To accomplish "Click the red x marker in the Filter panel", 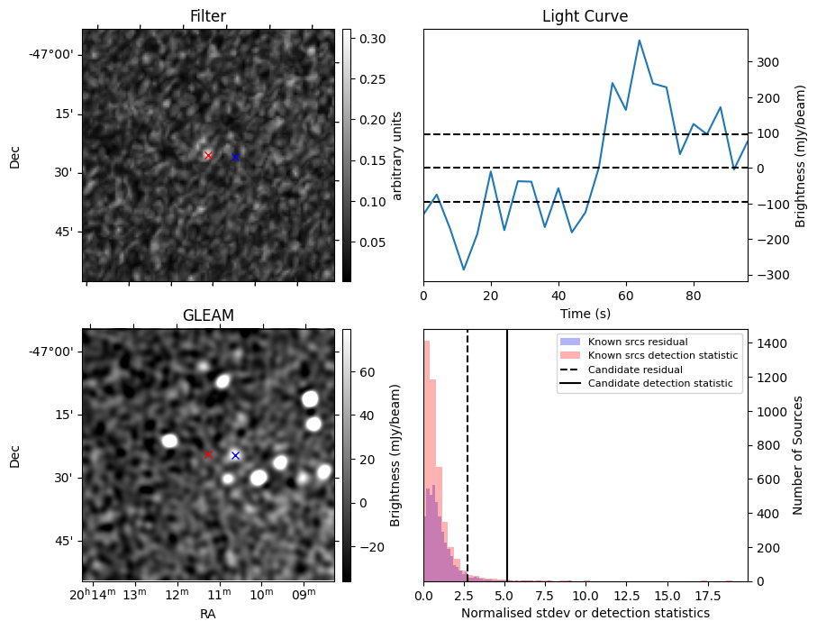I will tap(208, 156).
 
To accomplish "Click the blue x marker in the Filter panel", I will tap(235, 157).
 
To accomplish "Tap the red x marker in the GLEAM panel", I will tap(208, 454).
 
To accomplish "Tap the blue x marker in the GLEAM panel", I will tap(235, 455).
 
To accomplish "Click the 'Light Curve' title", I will tap(585, 16).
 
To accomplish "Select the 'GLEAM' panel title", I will tap(208, 315).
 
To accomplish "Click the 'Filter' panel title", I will tap(208, 16).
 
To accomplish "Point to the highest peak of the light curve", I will tap(639, 41).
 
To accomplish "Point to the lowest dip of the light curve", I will tap(464, 269).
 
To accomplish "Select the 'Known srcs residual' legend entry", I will tap(638, 342).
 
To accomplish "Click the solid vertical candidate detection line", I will tap(507, 451).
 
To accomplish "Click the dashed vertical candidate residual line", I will tap(468, 451).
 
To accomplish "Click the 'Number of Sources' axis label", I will tap(798, 455).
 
